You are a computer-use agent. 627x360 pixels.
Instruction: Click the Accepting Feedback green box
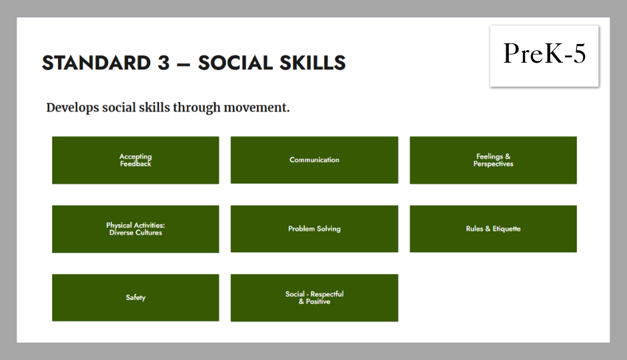click(x=135, y=160)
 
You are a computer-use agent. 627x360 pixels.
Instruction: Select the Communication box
click(x=314, y=160)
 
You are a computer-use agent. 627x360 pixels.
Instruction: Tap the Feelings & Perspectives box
click(x=493, y=160)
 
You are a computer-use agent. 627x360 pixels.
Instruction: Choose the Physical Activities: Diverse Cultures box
click(x=135, y=229)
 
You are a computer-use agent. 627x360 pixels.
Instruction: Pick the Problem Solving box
click(x=314, y=229)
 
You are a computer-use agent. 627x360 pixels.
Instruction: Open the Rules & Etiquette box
click(x=493, y=229)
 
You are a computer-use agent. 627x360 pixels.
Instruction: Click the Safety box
click(x=135, y=298)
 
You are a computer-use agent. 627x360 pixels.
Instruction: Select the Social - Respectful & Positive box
click(x=314, y=298)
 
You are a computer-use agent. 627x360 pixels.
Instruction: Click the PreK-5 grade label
click(x=544, y=53)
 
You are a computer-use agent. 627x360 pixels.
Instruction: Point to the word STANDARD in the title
click(x=96, y=63)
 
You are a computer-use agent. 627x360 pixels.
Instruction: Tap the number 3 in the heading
click(x=163, y=63)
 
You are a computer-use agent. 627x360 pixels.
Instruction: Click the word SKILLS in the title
click(x=312, y=63)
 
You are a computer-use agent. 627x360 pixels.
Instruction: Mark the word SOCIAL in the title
click(x=235, y=63)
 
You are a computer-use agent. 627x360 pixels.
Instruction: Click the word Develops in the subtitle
click(x=73, y=108)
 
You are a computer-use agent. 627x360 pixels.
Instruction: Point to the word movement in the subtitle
click(x=256, y=108)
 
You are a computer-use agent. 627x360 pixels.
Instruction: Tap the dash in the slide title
click(x=183, y=64)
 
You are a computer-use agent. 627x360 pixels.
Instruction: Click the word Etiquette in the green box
click(x=507, y=229)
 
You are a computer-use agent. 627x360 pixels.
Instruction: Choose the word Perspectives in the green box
click(x=493, y=164)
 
